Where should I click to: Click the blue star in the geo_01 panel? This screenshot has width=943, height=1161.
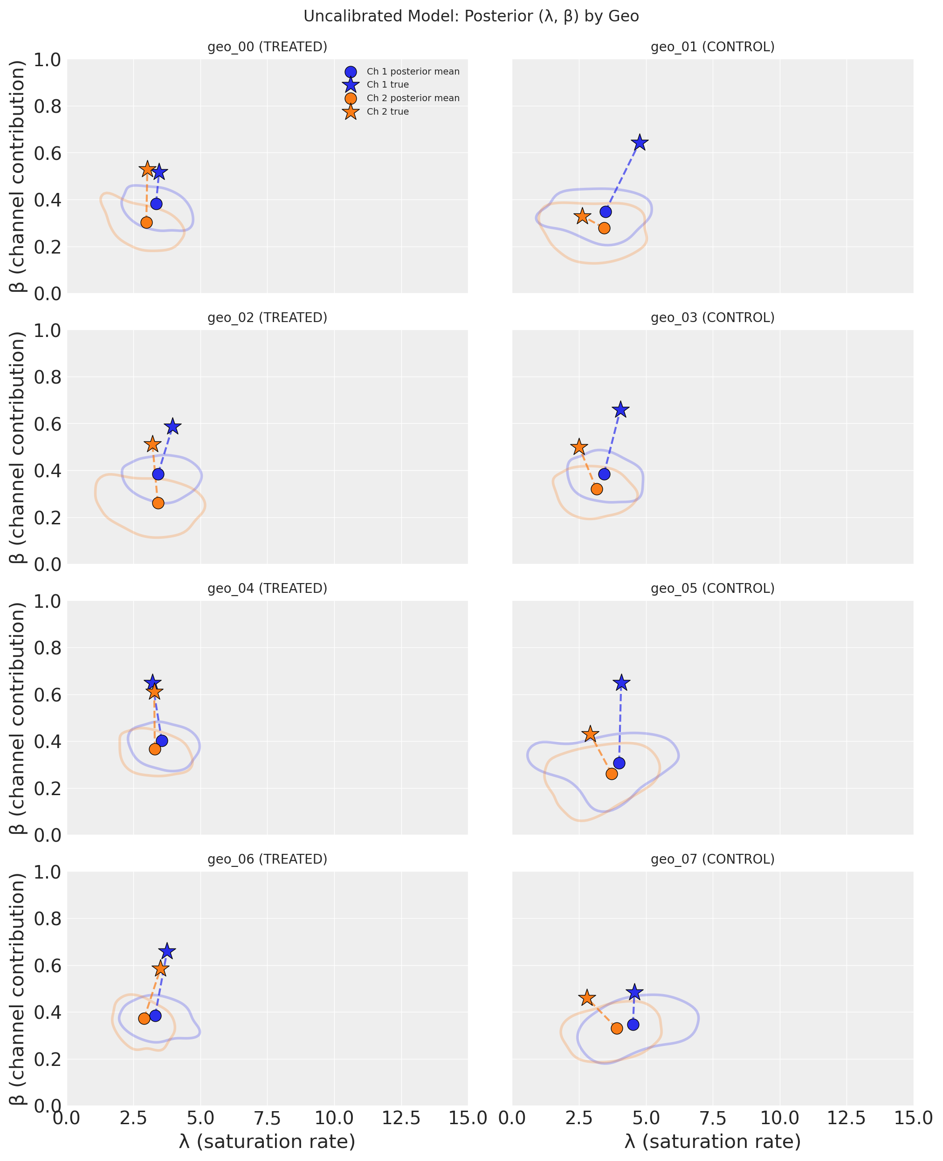[640, 143]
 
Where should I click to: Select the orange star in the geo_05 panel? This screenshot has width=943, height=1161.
[590, 735]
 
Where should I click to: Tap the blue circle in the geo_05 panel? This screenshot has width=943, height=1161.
[619, 763]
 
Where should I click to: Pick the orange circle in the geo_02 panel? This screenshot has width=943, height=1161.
[158, 503]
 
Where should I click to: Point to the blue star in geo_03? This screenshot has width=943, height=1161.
[620, 410]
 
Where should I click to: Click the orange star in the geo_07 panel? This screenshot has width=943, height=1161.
[587, 998]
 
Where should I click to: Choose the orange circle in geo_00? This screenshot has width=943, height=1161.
[146, 223]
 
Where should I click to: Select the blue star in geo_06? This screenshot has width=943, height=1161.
[167, 951]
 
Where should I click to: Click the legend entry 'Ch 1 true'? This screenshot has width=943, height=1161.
[387, 85]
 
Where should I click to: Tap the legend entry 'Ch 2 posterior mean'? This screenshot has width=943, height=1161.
[413, 98]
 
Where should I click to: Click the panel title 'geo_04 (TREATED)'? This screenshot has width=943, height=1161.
[267, 589]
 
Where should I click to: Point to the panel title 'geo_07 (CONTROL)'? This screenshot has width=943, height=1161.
[712, 859]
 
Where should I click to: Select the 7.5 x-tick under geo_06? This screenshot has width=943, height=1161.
[267, 1118]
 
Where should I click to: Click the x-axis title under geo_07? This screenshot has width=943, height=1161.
[712, 1141]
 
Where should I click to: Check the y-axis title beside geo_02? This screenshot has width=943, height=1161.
[17, 447]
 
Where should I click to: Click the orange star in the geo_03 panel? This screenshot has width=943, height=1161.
[579, 447]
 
